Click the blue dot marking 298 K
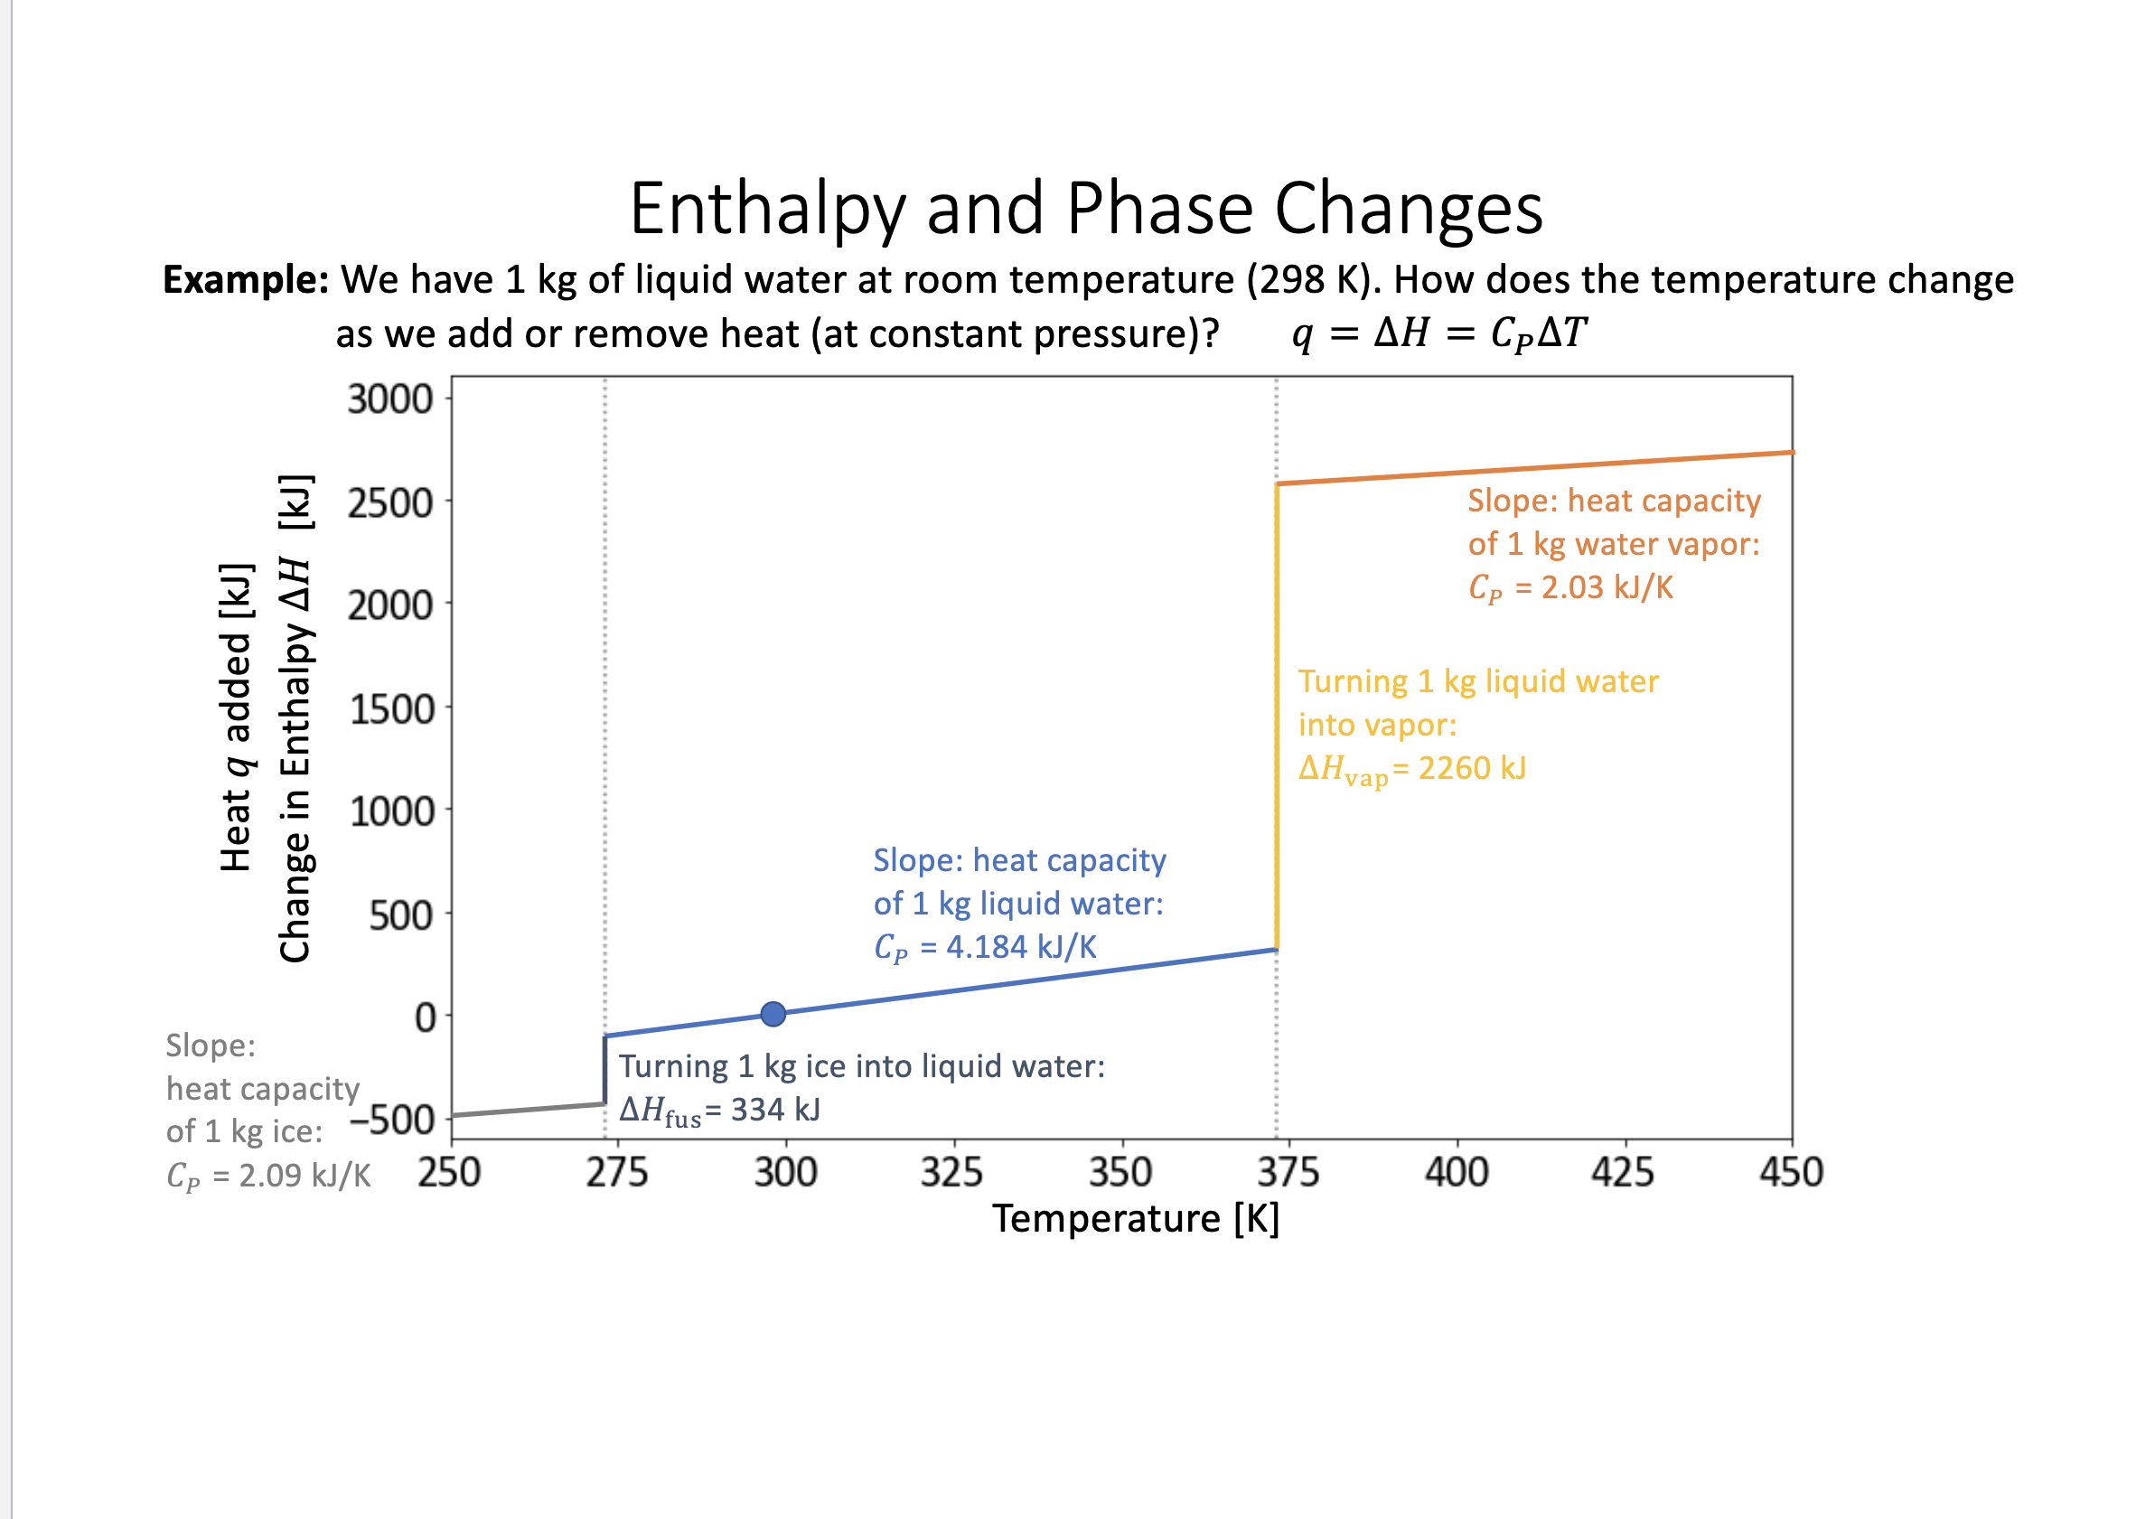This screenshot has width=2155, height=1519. (773, 1014)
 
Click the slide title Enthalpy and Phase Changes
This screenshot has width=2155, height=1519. (1086, 209)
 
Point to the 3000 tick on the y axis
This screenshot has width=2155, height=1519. (389, 399)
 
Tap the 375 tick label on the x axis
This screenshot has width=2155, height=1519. (1288, 1173)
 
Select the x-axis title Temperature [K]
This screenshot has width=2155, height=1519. (1136, 1219)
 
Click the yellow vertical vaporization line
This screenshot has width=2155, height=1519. (1277, 714)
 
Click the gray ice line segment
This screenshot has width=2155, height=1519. (526, 1110)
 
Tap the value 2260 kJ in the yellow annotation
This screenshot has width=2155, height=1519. (1472, 769)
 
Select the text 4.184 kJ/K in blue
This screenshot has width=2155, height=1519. (1021, 947)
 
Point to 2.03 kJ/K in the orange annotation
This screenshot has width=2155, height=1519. (1607, 587)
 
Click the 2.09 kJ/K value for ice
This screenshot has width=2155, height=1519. (305, 1176)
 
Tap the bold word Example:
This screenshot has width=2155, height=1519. (246, 280)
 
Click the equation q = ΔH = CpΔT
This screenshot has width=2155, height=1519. (1438, 333)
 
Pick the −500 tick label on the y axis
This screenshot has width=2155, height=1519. (392, 1119)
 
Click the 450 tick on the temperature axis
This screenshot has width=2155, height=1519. (1791, 1173)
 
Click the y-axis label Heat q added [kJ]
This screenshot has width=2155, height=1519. (236, 718)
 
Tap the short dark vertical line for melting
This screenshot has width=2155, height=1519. (605, 1070)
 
